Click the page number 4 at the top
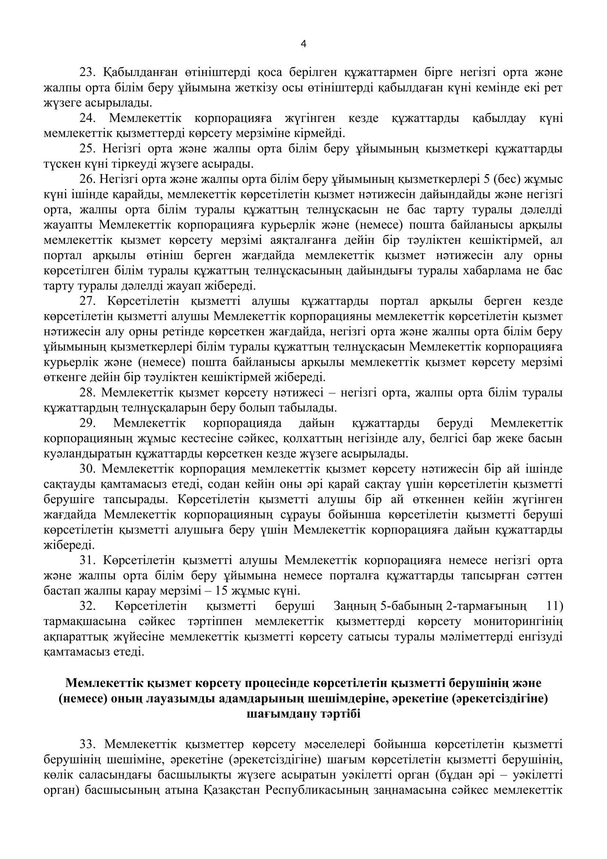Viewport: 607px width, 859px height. [x=303, y=44]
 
